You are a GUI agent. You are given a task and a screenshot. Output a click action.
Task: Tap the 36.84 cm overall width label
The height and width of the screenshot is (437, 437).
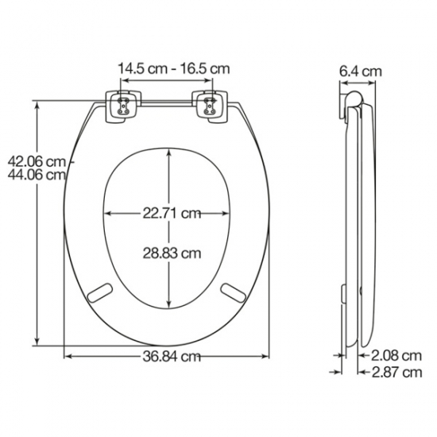click(168, 358)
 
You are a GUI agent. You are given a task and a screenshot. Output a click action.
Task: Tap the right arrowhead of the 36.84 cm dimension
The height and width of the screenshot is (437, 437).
click(271, 357)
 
